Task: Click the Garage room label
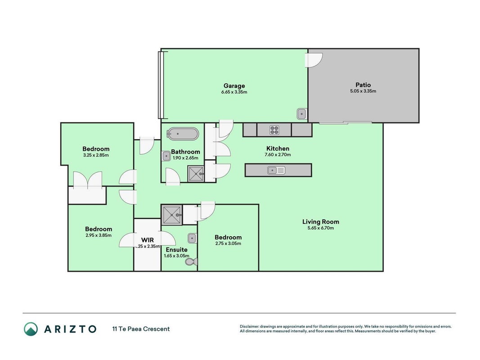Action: (x=234, y=86)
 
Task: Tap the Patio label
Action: (x=363, y=85)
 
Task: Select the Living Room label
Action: (x=320, y=222)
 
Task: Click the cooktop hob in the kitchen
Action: (x=274, y=130)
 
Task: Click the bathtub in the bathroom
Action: (x=183, y=134)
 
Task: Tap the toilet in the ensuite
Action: (x=192, y=262)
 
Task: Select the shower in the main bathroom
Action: (x=196, y=174)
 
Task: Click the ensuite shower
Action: (x=172, y=215)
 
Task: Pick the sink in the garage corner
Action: (x=301, y=114)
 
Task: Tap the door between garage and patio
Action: (x=314, y=60)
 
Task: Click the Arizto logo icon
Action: (x=31, y=329)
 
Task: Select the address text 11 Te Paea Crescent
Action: (x=141, y=329)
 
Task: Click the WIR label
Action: (x=147, y=240)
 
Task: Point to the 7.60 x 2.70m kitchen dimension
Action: (x=278, y=155)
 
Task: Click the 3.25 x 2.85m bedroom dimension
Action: (x=96, y=155)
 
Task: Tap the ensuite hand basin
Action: (x=192, y=238)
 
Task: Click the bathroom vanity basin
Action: (x=166, y=156)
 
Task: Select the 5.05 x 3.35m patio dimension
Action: (x=363, y=91)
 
